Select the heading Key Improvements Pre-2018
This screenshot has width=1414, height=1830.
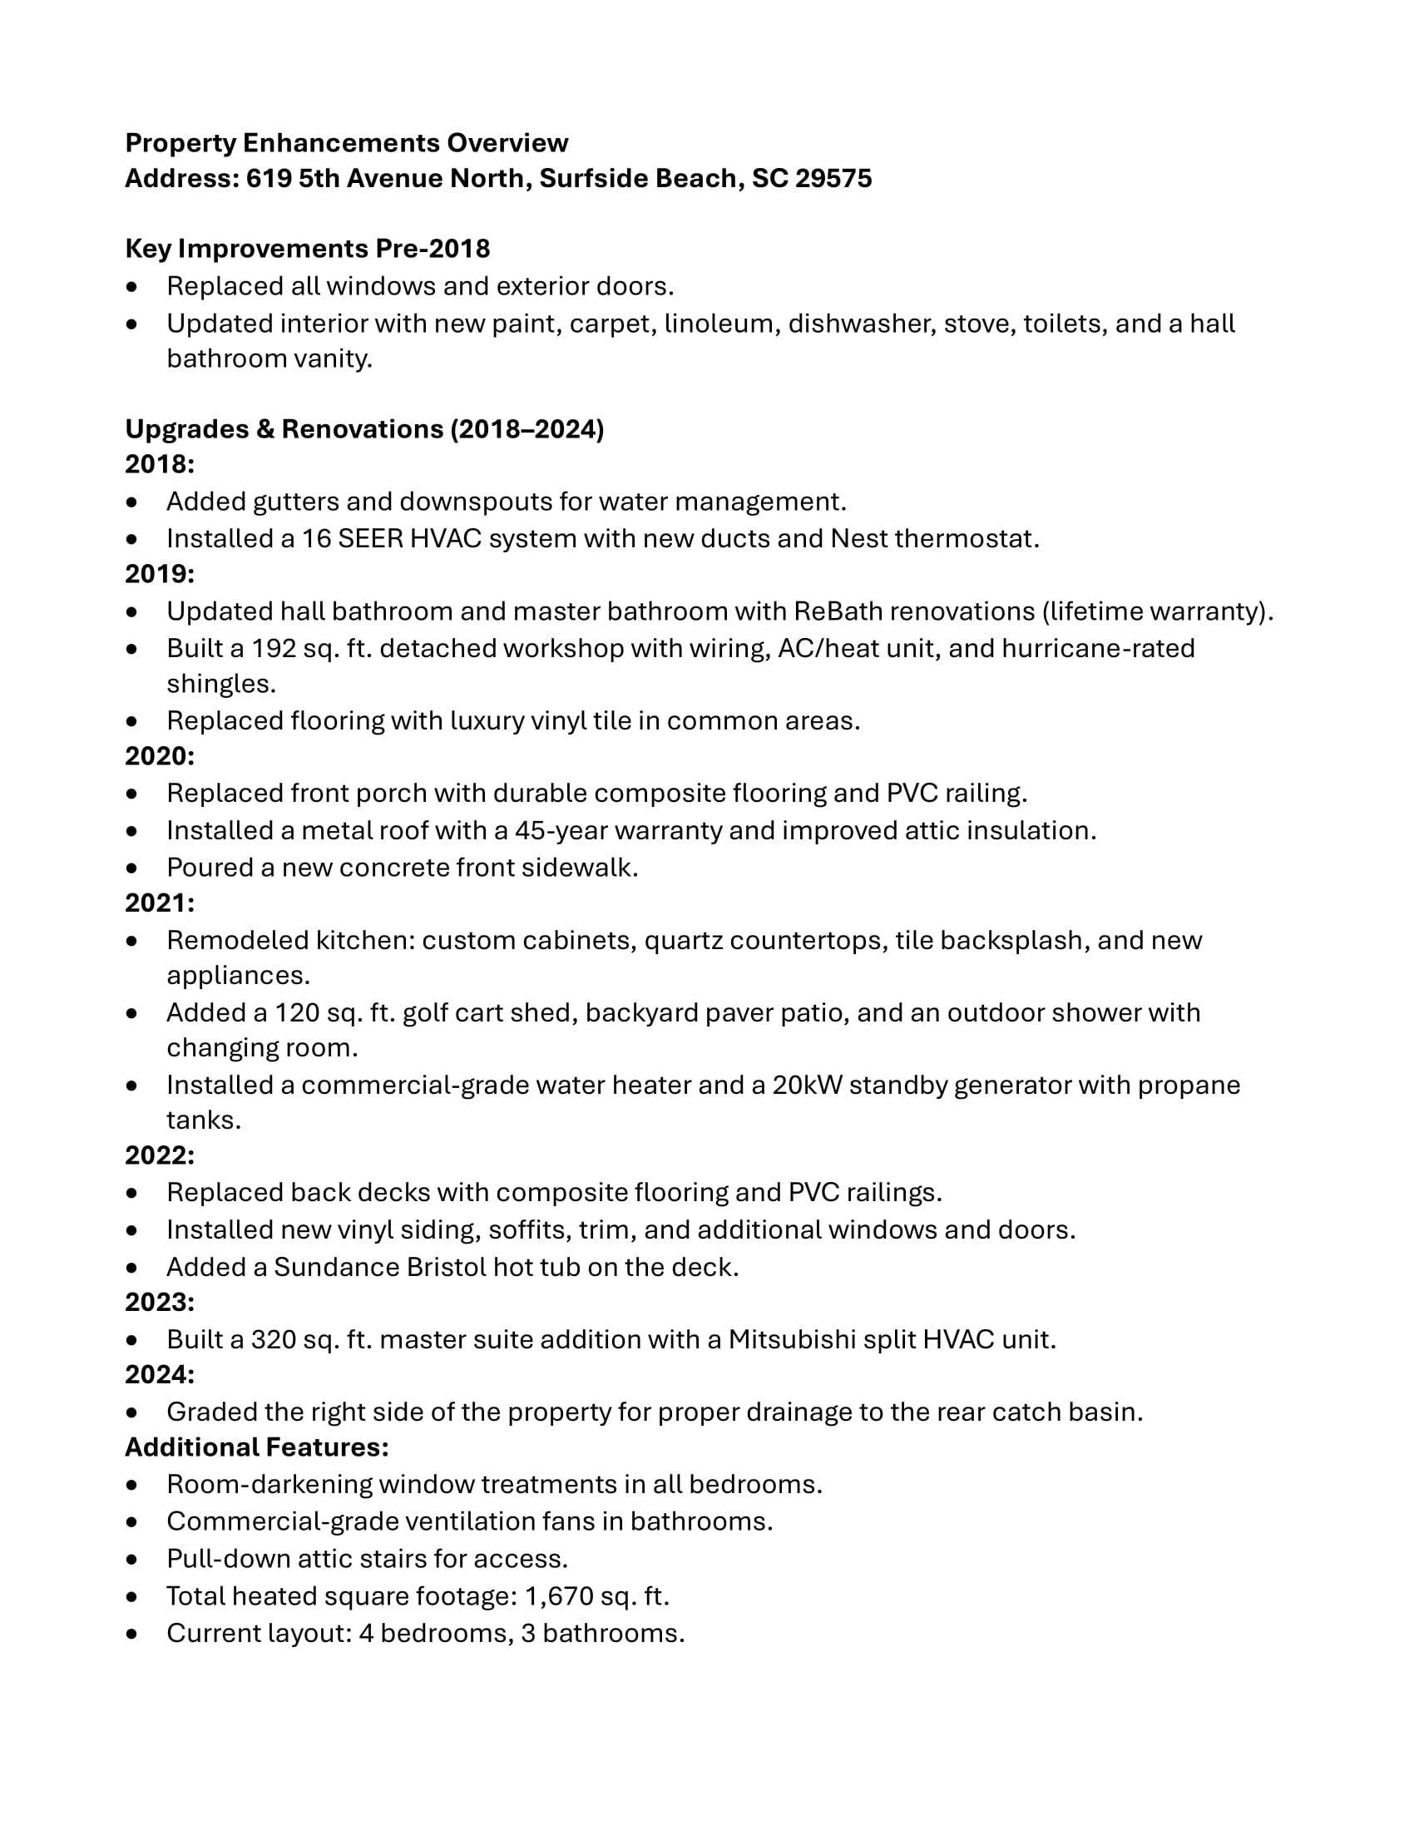[308, 249]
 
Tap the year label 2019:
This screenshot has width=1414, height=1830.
[160, 574]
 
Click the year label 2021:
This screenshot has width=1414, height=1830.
[160, 903]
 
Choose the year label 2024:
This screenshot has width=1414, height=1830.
[160, 1375]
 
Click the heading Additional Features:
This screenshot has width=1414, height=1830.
[257, 1447]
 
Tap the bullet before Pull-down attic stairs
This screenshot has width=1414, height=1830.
[131, 1560]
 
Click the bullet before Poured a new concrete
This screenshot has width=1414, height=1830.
[131, 868]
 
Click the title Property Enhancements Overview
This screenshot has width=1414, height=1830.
[347, 143]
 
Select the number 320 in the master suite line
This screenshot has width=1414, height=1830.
[272, 1340]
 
